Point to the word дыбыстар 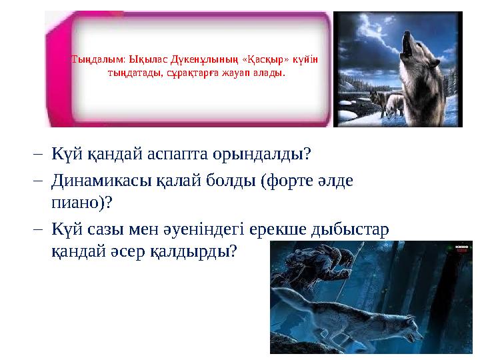[354, 227]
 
